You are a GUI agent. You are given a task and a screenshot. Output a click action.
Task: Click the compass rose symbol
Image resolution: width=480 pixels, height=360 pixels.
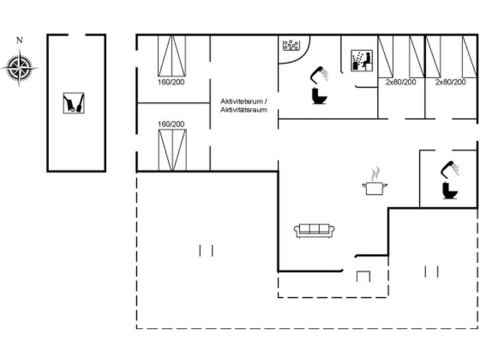[x=19, y=67]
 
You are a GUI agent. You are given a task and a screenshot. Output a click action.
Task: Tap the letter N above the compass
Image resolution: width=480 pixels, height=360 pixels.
[x=20, y=40]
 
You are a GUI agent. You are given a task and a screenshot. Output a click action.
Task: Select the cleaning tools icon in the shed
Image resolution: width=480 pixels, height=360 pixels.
[x=74, y=103]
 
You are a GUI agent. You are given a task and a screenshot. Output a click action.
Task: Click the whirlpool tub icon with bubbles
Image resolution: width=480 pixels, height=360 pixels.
[x=291, y=45]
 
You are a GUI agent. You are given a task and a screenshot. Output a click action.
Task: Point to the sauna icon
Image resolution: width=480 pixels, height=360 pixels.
[x=362, y=60]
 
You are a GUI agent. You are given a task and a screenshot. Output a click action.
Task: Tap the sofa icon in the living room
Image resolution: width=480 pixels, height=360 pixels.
[x=314, y=231]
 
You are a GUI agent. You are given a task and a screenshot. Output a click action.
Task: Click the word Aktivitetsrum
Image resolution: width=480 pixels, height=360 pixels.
[x=242, y=101]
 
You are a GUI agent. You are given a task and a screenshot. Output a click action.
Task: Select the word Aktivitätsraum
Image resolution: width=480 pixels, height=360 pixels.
[x=243, y=109]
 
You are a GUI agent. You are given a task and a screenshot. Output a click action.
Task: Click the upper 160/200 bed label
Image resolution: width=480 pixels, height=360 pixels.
[x=171, y=82]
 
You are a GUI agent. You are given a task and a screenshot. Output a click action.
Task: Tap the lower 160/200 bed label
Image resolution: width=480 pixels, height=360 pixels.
[x=171, y=124]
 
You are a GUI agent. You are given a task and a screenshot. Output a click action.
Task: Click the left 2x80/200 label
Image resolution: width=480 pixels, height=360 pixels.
[x=401, y=82]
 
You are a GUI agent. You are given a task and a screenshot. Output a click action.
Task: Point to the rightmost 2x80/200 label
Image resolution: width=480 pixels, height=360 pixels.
[x=451, y=82]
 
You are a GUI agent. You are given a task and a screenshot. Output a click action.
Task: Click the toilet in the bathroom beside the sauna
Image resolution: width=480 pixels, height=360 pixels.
[x=319, y=96]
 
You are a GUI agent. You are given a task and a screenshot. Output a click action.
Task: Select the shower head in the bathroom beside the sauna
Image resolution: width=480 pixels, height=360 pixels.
[x=320, y=74]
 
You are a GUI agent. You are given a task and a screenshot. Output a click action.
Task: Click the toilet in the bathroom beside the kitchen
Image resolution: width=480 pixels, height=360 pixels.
[x=450, y=191]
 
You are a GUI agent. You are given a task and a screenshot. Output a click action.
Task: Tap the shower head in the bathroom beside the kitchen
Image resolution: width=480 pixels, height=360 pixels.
[x=450, y=169]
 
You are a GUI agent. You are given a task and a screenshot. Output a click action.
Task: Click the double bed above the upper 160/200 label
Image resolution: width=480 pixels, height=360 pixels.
[x=172, y=56]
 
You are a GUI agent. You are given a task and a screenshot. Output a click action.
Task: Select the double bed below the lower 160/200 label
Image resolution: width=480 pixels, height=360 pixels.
[x=172, y=150]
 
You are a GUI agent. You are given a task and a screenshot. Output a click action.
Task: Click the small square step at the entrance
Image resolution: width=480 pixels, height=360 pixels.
[x=364, y=276]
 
